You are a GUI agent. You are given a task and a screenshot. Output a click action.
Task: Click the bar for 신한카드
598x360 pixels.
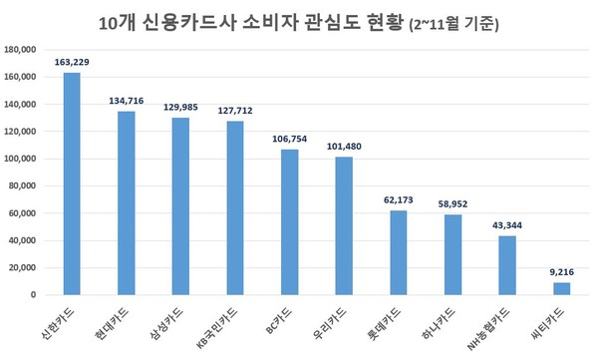pos(72,184)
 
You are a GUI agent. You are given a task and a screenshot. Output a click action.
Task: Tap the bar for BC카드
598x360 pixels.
pos(289,222)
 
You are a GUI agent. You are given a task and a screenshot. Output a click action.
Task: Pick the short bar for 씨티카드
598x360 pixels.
pos(561,289)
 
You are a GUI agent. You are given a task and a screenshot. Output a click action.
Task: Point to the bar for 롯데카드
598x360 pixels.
pos(398,253)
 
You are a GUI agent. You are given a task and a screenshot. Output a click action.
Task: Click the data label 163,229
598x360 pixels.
pos(72,62)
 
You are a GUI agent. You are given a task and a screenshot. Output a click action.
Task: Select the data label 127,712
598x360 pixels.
pos(235,111)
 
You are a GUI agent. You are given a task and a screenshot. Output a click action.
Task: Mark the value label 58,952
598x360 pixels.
pos(452,203)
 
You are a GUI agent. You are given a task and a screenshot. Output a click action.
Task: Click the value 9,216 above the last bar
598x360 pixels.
pos(561,272)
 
